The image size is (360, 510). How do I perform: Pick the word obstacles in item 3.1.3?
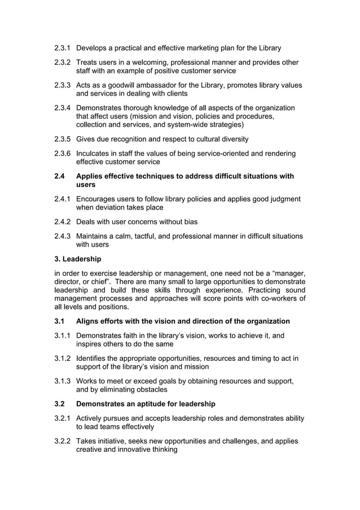coord(150,390)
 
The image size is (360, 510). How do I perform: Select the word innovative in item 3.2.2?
coord(128,450)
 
